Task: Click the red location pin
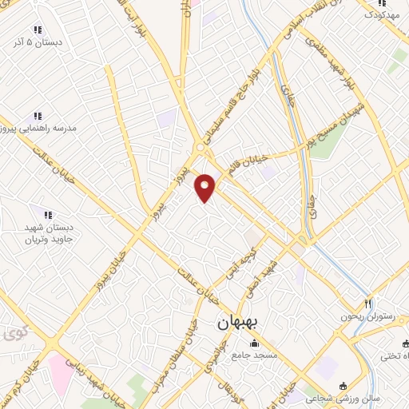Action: click(205, 187)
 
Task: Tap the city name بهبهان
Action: click(236, 324)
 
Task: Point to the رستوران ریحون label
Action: click(367, 316)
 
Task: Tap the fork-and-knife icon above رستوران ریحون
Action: click(367, 304)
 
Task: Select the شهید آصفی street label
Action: click(264, 276)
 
